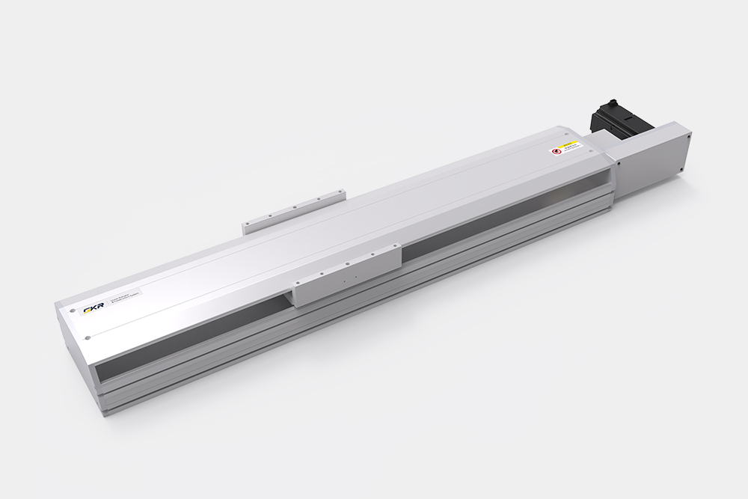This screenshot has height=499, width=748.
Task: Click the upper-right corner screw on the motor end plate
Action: tap(687, 135)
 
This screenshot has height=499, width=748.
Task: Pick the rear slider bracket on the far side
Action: tap(295, 212)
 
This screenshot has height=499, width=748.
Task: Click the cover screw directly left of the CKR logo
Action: tap(73, 310)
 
